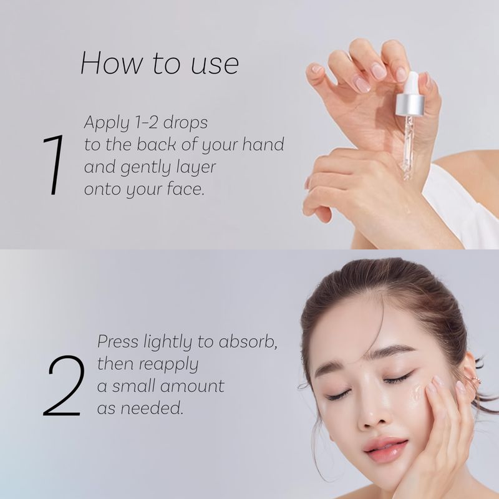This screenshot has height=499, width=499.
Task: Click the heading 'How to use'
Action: tap(160, 64)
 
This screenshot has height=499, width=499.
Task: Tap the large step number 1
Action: tap(54, 165)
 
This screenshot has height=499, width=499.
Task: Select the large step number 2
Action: tap(64, 385)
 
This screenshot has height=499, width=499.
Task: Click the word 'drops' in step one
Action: tap(185, 123)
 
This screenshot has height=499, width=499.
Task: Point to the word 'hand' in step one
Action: tap(263, 144)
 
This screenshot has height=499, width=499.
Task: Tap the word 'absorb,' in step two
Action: tap(248, 341)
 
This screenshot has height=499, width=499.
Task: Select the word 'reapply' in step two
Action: tap(168, 365)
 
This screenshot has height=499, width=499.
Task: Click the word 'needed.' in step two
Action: tap(152, 408)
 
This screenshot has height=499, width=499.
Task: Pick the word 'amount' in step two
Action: tap(192, 386)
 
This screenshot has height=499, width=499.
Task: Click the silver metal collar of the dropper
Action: tap(410, 105)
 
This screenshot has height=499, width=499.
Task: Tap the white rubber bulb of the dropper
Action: tap(412, 83)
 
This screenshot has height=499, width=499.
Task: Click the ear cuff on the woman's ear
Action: tap(473, 380)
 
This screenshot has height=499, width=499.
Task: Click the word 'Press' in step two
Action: tap(118, 341)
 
